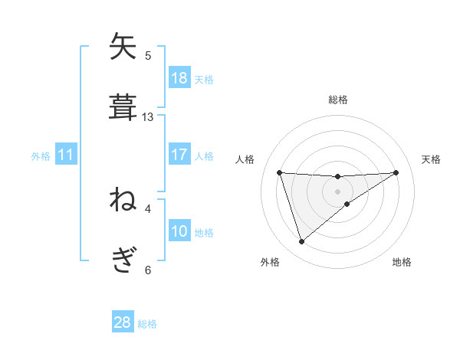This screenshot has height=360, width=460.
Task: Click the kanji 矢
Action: tap(123, 47)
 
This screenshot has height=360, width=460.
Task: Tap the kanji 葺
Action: tap(123, 107)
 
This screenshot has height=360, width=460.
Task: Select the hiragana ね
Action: tap(123, 201)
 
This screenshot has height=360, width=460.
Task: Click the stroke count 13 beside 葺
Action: tap(148, 117)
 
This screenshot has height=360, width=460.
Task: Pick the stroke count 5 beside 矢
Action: tap(148, 56)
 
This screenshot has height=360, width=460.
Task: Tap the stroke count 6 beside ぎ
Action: tap(148, 270)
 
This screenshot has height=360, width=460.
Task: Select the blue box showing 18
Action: tap(179, 77)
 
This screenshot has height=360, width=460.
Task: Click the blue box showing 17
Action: tap(179, 155)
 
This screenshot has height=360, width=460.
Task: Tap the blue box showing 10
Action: tap(179, 231)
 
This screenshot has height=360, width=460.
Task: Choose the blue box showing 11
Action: tap(66, 155)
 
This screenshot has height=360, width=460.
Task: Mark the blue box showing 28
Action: tap(123, 322)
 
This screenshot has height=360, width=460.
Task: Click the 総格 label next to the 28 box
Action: tap(148, 324)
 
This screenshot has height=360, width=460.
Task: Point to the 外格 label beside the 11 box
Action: tap(41, 156)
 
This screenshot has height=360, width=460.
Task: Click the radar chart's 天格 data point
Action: tap(396, 172)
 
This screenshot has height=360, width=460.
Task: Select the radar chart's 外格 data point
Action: tap(301, 242)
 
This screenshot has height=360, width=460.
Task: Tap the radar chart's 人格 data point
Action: tap(280, 172)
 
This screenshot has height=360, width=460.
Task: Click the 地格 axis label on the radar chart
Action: tap(402, 262)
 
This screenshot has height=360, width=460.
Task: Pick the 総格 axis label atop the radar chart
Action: tap(337, 100)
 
